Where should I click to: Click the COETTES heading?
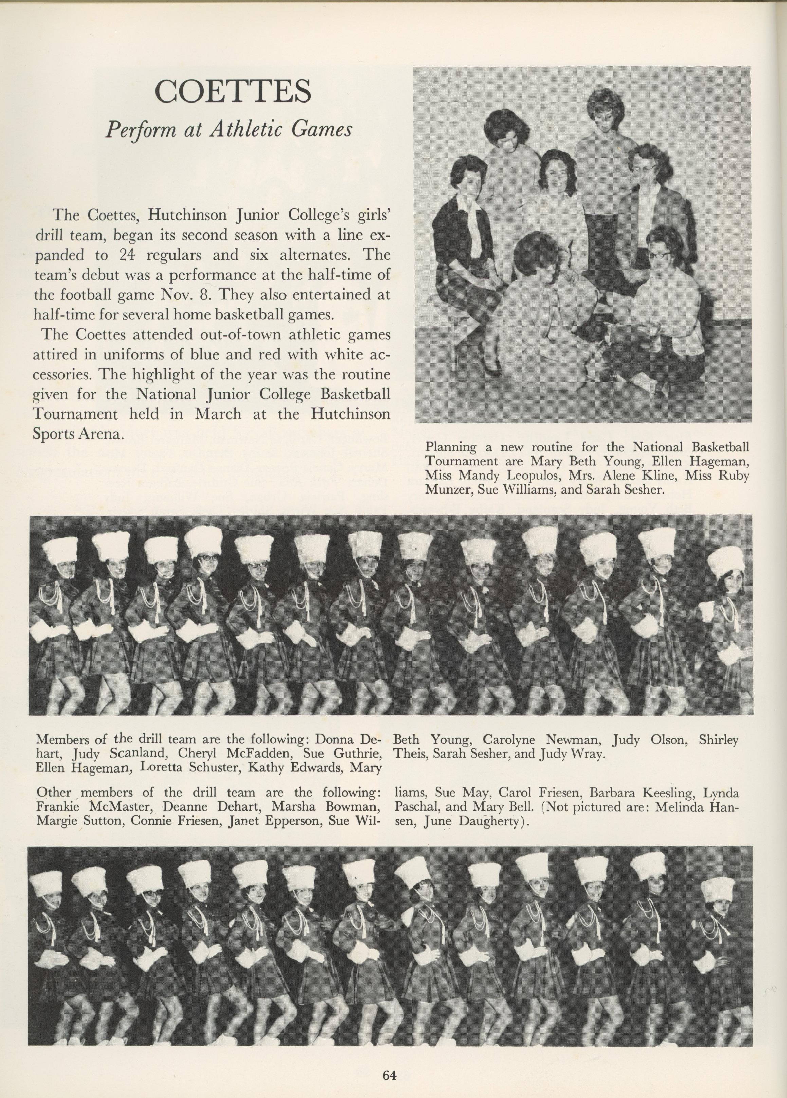[233, 92]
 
